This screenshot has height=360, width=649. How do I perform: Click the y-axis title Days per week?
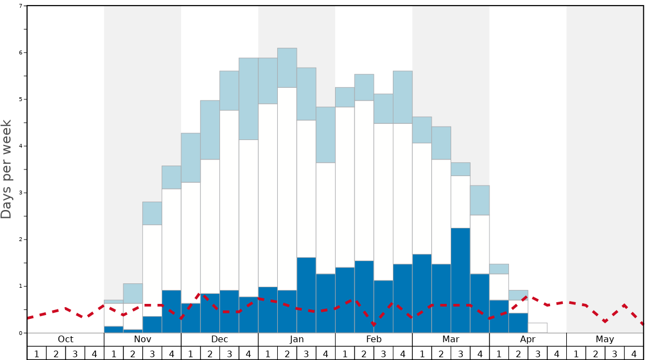(7, 169)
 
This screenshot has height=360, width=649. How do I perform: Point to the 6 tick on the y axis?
(21, 53)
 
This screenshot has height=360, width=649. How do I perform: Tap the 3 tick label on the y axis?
(21, 193)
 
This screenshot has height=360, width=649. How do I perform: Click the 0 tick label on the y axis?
(21, 333)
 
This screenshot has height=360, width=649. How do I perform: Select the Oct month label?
(66, 339)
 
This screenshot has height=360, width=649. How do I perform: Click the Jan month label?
(297, 339)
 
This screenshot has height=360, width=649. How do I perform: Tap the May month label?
(605, 339)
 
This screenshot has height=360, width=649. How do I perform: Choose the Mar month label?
(451, 339)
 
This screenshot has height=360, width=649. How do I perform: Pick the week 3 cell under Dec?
(229, 353)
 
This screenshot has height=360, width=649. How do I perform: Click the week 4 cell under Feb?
(402, 353)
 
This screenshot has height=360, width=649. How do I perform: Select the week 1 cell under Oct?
(37, 353)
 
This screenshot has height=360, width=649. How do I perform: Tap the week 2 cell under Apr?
(518, 353)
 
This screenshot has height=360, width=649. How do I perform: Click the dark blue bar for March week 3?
(460, 280)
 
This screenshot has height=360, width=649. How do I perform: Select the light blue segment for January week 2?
(287, 68)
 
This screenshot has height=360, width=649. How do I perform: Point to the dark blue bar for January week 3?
(306, 295)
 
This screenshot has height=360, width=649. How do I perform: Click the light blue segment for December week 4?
(248, 99)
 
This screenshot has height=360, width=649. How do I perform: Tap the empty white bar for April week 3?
(537, 328)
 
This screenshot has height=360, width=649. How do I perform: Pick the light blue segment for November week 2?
(133, 293)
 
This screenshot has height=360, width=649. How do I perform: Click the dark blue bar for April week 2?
(518, 323)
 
